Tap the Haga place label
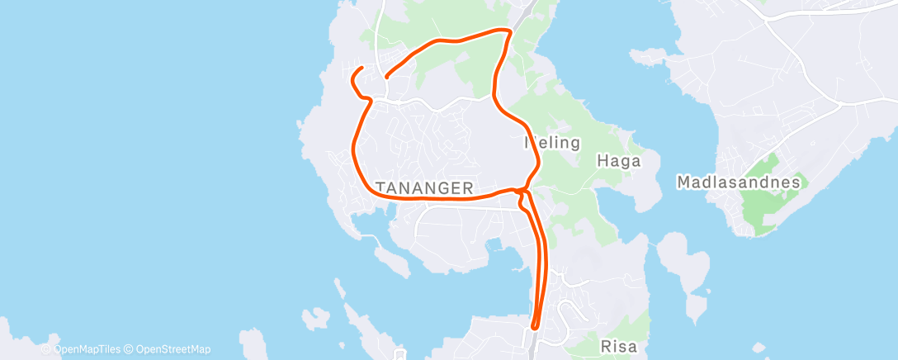pyautogui.click(x=619, y=162)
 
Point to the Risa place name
pyautogui.click(x=619, y=348)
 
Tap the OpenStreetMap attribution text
pyautogui.click(x=169, y=349)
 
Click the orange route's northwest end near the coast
pyautogui.click(x=362, y=66)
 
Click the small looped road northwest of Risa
pyautogui.click(x=570, y=312)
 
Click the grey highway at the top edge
pyautogui.click(x=524, y=10)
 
